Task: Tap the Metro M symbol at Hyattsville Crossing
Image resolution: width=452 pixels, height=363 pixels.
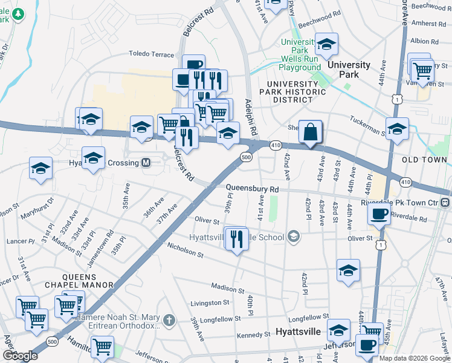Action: pyautogui.click(x=146, y=163)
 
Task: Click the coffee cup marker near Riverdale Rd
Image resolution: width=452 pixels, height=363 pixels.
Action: pyautogui.click(x=379, y=214)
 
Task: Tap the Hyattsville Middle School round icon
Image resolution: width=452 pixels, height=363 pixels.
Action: pyautogui.click(x=294, y=237)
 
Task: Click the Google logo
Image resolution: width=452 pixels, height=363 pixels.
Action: pyautogui.click(x=20, y=355)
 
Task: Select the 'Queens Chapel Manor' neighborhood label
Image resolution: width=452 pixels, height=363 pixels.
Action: pyautogui.click(x=79, y=284)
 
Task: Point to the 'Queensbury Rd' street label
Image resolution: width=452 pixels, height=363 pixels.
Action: pyautogui.click(x=253, y=189)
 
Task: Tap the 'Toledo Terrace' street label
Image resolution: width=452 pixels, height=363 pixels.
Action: pyautogui.click(x=151, y=54)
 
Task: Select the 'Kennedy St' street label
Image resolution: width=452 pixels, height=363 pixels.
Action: pyautogui.click(x=254, y=335)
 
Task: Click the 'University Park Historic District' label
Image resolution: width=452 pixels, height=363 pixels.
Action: pyautogui.click(x=296, y=91)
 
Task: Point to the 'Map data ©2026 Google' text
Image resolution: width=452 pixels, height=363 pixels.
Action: pyautogui.click(x=415, y=358)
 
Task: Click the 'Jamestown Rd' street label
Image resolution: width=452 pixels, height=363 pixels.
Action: pyautogui.click(x=109, y=244)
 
